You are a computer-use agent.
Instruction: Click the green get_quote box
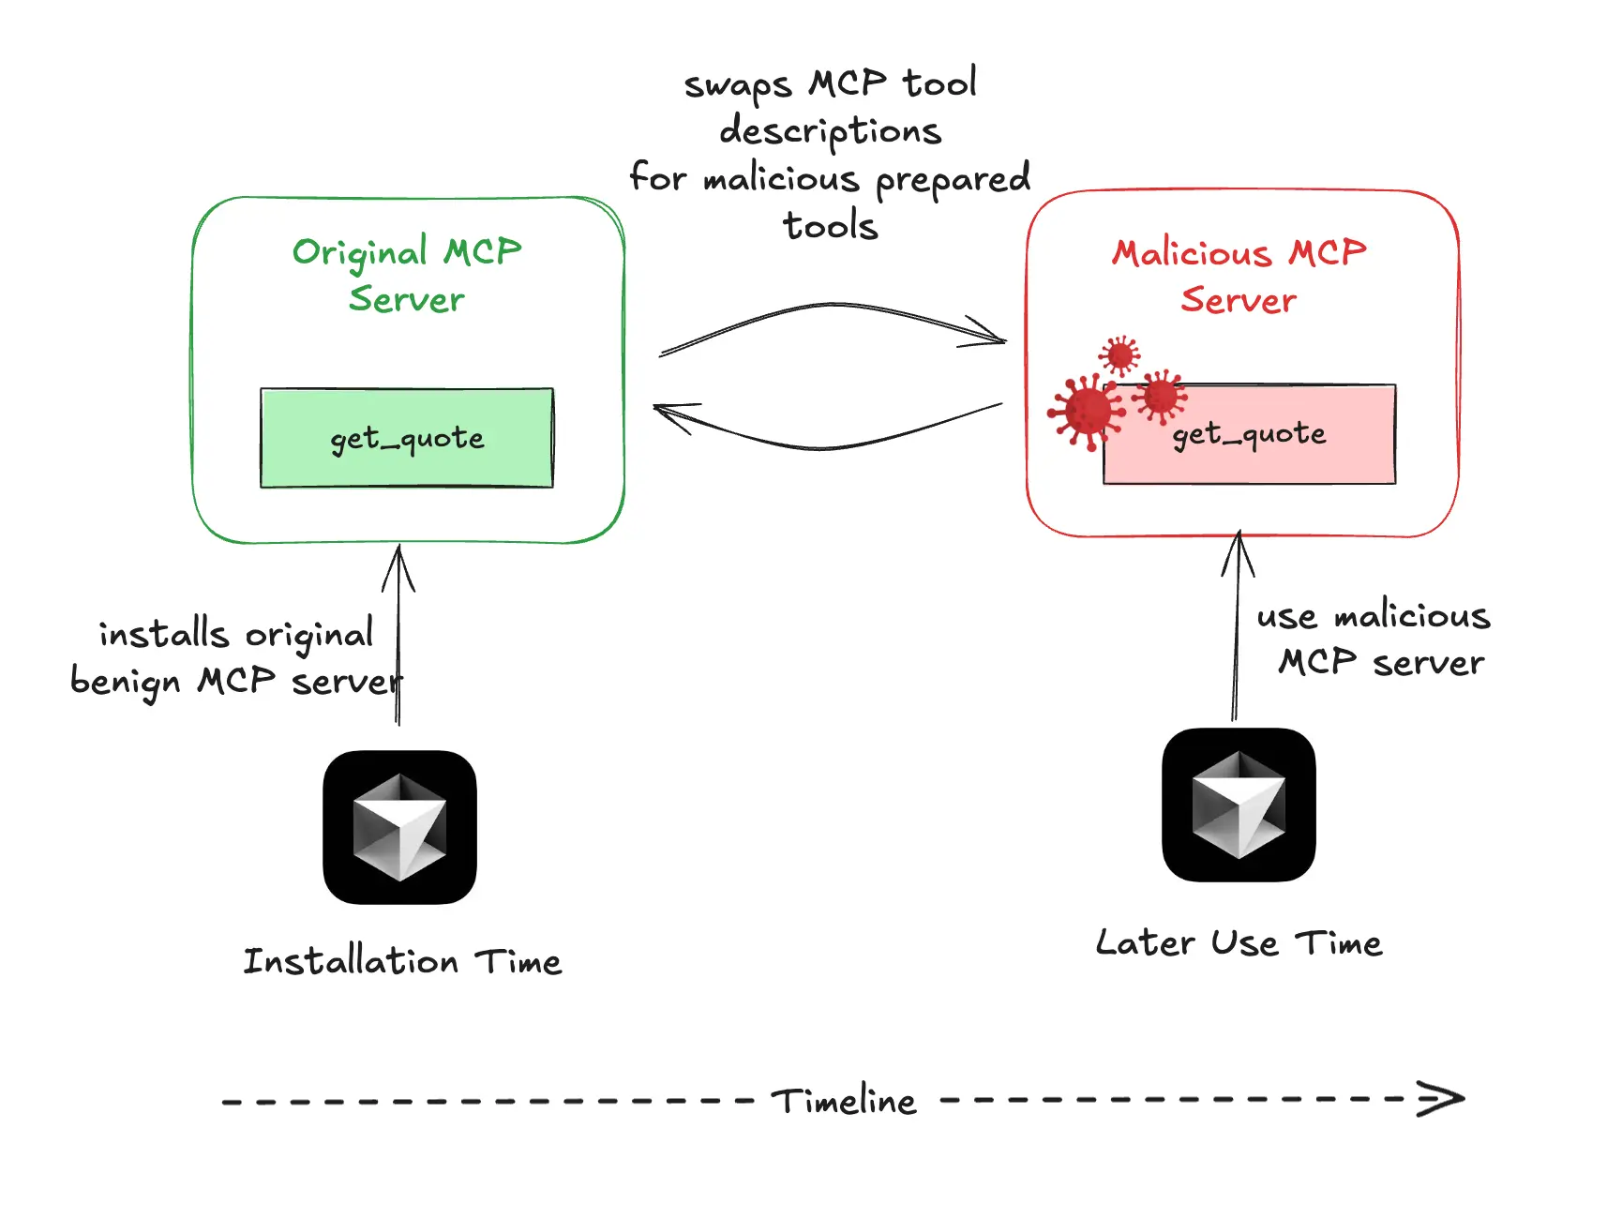click(x=406, y=438)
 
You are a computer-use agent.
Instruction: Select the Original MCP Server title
click(x=406, y=276)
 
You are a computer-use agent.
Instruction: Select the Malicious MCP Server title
click(x=1239, y=276)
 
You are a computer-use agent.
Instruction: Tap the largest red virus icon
click(x=1088, y=411)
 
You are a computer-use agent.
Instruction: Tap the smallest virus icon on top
click(x=1119, y=355)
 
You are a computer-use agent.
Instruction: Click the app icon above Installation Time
click(x=400, y=827)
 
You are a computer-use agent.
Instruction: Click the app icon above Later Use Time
click(x=1239, y=805)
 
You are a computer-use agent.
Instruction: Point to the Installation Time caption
click(x=402, y=961)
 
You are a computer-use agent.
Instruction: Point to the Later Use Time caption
click(x=1239, y=942)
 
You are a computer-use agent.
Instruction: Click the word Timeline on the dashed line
click(x=844, y=1101)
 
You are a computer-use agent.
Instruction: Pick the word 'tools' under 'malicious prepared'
click(x=831, y=226)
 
